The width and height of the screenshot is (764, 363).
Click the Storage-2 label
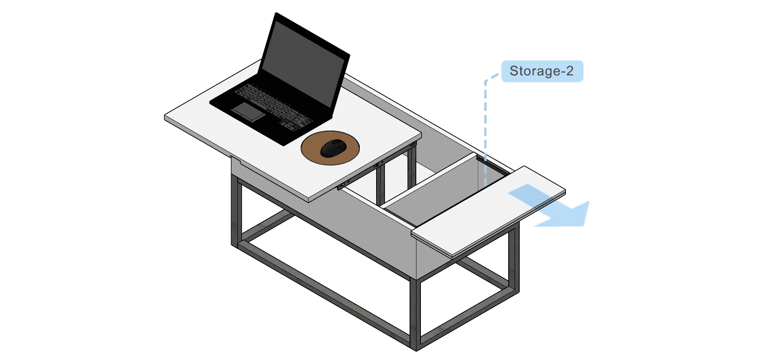click(x=542, y=71)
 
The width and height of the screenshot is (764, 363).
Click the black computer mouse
click(x=333, y=148)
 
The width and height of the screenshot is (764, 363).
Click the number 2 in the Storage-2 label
click(x=569, y=71)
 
